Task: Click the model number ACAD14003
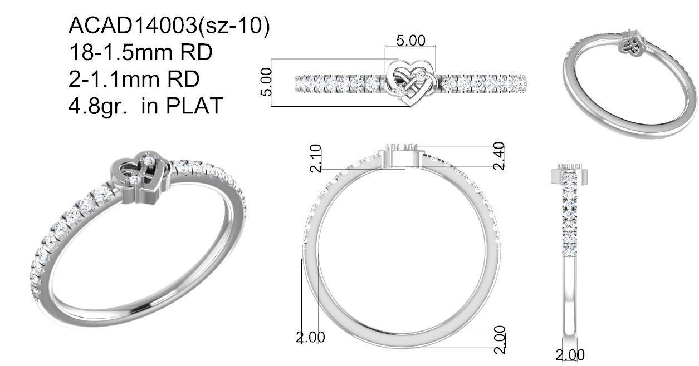click(133, 25)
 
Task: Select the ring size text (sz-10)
click(234, 26)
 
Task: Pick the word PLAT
click(194, 106)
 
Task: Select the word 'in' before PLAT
click(149, 106)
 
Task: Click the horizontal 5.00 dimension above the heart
click(410, 41)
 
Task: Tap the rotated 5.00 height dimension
click(266, 82)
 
